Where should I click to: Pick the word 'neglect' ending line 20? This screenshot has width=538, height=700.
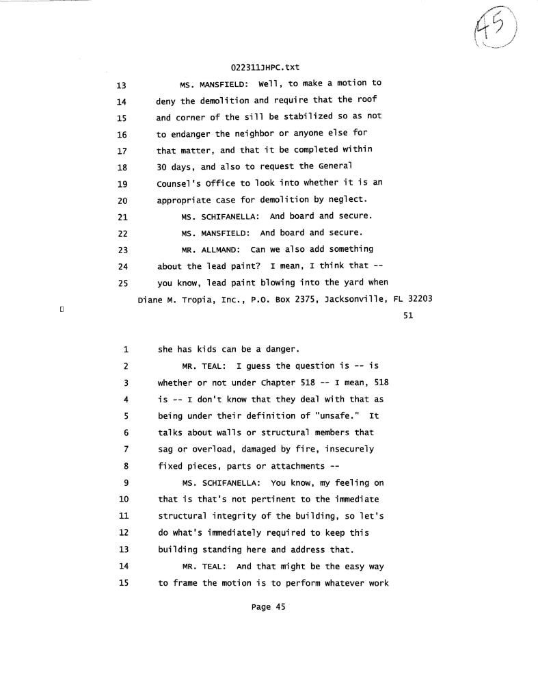pyautogui.click(x=347, y=200)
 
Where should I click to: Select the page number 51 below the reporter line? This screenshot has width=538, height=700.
pyautogui.click(x=408, y=315)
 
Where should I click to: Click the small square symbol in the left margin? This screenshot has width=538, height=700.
pyautogui.click(x=62, y=311)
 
